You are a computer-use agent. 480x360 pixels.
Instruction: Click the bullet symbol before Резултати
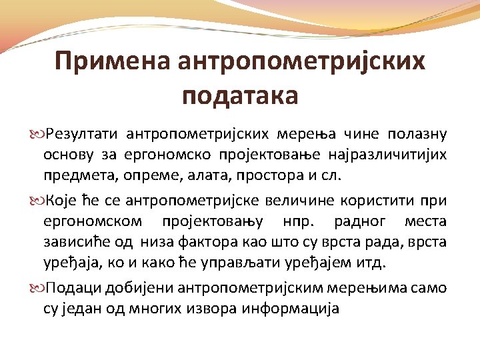[x=35, y=134]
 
